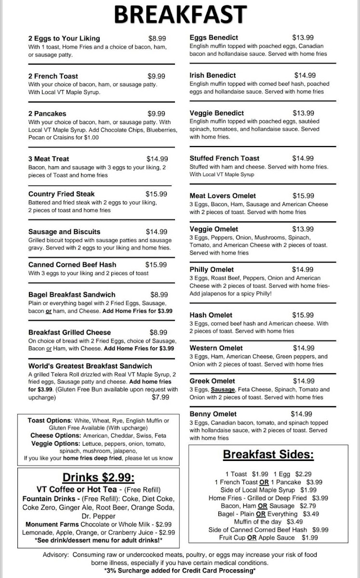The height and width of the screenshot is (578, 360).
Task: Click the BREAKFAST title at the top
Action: (180, 14)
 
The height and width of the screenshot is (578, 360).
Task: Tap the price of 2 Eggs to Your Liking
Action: (157, 38)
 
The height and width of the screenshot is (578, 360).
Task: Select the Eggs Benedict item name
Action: (213, 38)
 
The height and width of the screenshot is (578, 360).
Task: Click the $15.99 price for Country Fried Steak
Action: (156, 194)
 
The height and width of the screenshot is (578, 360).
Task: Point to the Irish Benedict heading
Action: (213, 75)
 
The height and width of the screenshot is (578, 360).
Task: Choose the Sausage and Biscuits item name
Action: (64, 232)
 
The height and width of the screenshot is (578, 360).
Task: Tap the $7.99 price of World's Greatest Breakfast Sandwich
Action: (160, 397)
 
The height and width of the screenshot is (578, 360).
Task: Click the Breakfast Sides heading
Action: (268, 455)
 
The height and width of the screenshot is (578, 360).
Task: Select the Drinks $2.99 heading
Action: (98, 477)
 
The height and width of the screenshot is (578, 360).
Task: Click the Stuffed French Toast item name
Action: (224, 158)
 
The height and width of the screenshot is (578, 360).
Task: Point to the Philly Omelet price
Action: (303, 270)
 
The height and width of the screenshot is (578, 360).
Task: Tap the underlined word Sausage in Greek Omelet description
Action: (223, 390)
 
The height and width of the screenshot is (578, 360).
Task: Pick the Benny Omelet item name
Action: (213, 414)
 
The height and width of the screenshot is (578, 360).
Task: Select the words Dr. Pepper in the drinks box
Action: (98, 516)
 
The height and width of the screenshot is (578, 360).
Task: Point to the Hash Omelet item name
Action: (211, 315)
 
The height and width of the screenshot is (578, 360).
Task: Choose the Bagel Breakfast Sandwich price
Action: (159, 294)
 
